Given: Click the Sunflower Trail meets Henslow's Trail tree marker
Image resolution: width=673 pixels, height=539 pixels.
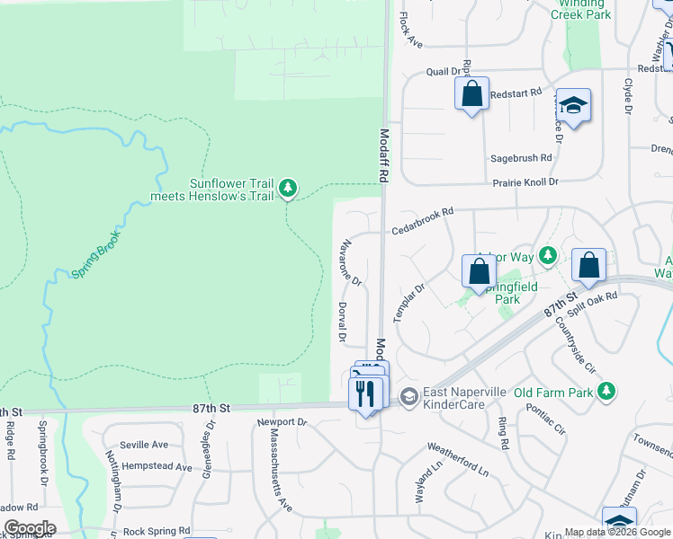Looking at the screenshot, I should click(287, 187).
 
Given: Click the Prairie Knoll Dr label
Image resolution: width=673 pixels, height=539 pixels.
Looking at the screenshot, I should click(525, 181).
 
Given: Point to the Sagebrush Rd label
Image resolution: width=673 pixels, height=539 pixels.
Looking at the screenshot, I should click(521, 158).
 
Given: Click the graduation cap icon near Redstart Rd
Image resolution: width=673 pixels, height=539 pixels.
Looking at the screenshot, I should click(573, 106).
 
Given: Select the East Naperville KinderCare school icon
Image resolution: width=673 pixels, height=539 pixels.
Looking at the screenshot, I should click(408, 395).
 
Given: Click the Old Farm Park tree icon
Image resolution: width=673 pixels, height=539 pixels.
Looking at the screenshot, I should click(607, 391).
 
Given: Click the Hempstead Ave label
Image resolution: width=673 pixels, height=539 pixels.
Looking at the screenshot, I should click(157, 467).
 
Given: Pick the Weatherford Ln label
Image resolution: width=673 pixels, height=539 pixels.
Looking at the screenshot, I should click(457, 459).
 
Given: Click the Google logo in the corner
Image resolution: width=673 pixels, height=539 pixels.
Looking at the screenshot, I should click(29, 528).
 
